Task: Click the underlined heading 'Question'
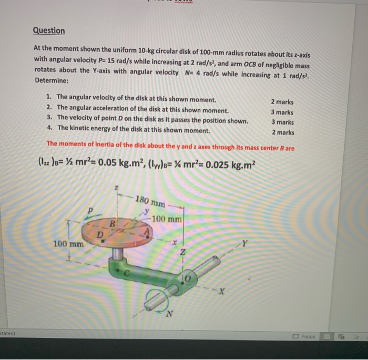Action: pos(48,30)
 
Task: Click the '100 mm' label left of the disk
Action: pos(68,244)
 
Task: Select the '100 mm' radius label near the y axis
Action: pos(167,218)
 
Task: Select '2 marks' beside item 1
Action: pos(282,102)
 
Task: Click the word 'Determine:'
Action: pos(52,80)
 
